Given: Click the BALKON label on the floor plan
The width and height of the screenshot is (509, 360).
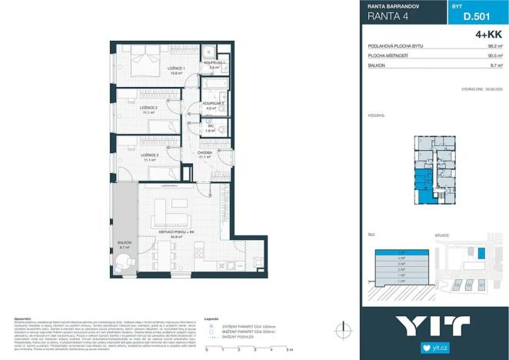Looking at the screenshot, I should [x=125, y=244].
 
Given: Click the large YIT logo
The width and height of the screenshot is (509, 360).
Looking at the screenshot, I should [x=434, y=325].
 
